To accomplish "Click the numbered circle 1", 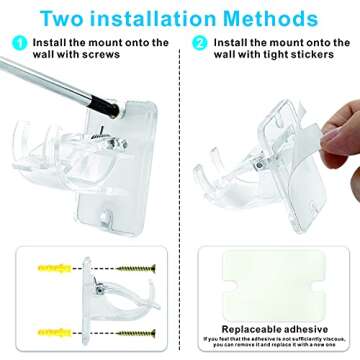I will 19,43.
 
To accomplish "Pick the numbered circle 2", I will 199,43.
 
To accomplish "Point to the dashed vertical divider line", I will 180,200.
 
